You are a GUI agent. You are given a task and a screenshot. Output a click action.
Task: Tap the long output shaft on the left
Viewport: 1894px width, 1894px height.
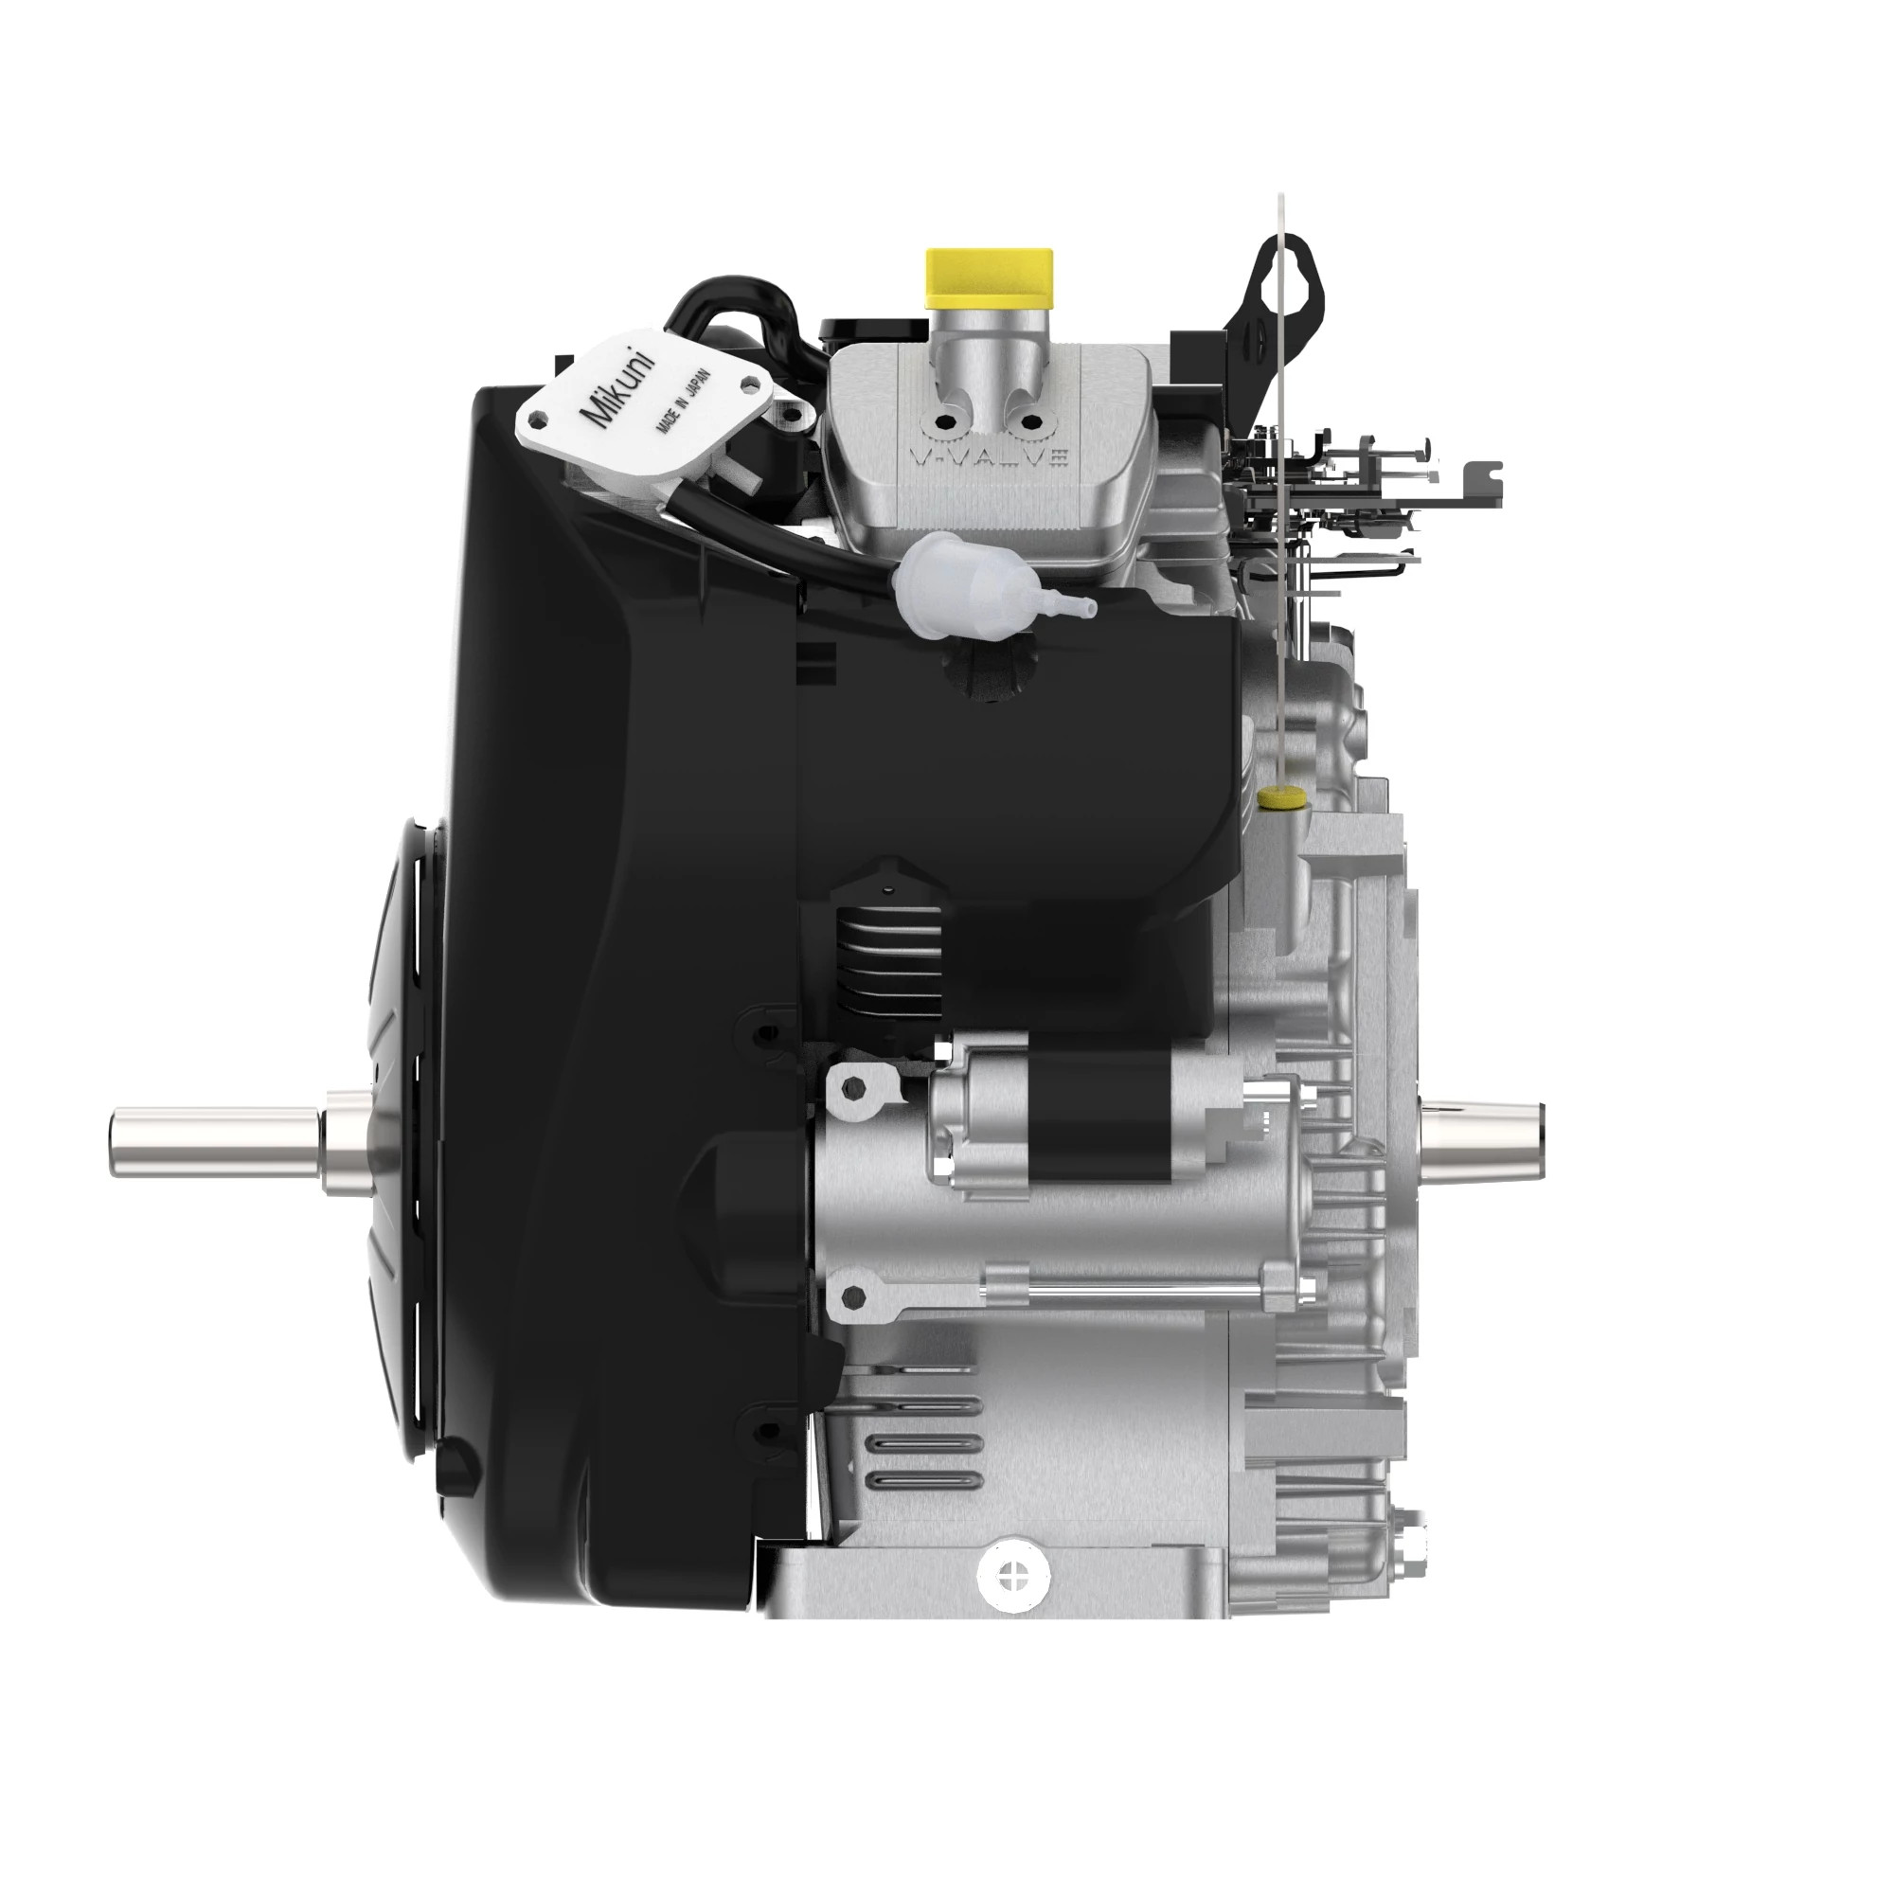(x=216, y=1141)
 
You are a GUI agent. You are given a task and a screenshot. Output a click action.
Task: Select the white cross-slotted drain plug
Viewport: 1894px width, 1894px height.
(x=1011, y=1577)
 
